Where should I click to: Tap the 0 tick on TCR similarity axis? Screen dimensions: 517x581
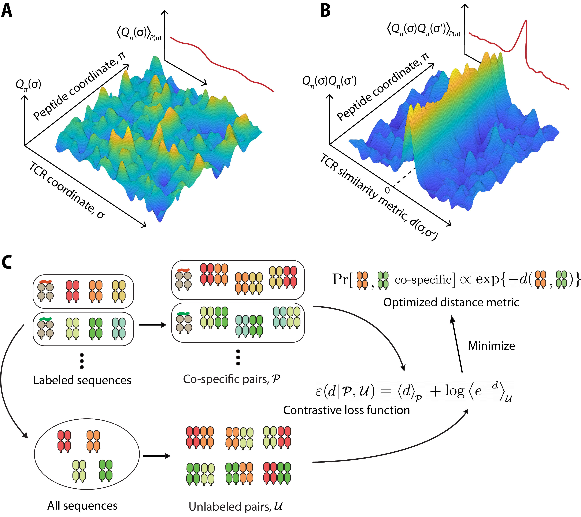tap(387, 190)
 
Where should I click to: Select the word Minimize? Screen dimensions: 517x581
tap(491, 346)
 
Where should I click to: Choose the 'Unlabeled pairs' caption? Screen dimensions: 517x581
tap(235, 506)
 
